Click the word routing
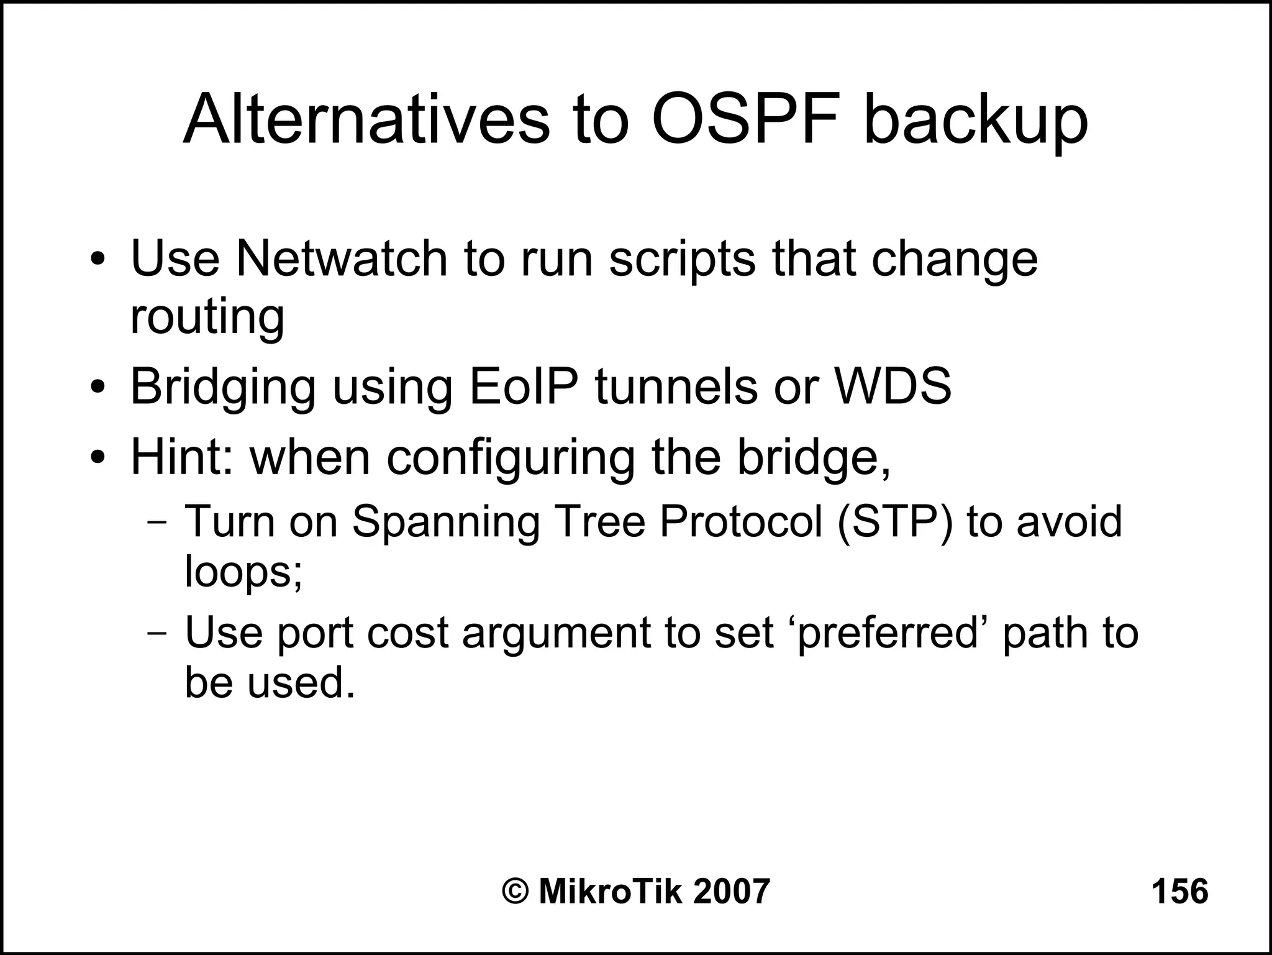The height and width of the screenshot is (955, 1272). coord(207,317)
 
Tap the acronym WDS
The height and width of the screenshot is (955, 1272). coord(893,386)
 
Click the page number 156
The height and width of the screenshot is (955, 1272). coord(1179,891)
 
